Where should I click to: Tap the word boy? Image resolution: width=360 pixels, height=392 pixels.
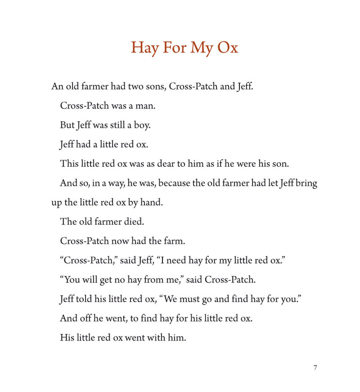point(141,125)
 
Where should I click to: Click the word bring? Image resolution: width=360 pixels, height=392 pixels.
point(306,183)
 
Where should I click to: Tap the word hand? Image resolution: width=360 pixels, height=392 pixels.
point(153,203)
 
